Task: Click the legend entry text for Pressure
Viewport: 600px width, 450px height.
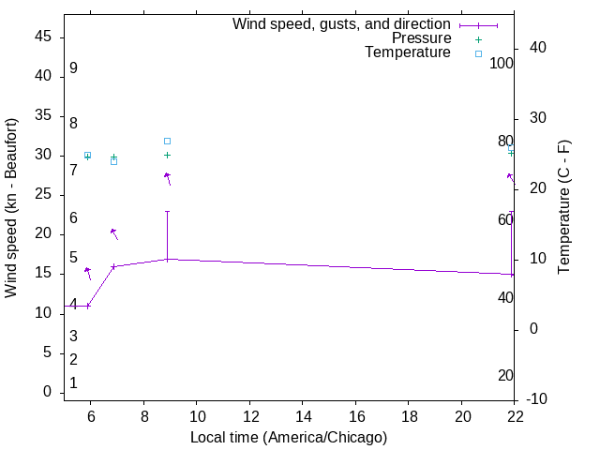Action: [421, 38]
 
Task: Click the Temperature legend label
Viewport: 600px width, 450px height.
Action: [408, 52]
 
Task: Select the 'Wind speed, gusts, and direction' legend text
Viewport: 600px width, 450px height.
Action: [341, 24]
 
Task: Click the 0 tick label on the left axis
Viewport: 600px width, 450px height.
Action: [47, 392]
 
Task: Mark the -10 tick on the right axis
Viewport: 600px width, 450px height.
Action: [537, 399]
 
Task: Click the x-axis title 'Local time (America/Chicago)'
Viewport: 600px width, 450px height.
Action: [289, 437]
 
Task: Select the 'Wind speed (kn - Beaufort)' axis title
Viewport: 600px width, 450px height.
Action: [12, 208]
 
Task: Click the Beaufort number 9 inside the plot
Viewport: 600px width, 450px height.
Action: [73, 68]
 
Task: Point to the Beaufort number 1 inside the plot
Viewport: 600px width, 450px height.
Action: [73, 383]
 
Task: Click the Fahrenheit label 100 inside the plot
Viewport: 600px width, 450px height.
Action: [502, 64]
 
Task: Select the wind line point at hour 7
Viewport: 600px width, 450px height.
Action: [114, 266]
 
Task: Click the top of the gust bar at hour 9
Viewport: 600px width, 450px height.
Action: [167, 211]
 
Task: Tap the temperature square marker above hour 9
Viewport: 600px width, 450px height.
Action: [167, 141]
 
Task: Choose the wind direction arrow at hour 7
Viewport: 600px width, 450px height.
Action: [114, 233]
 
